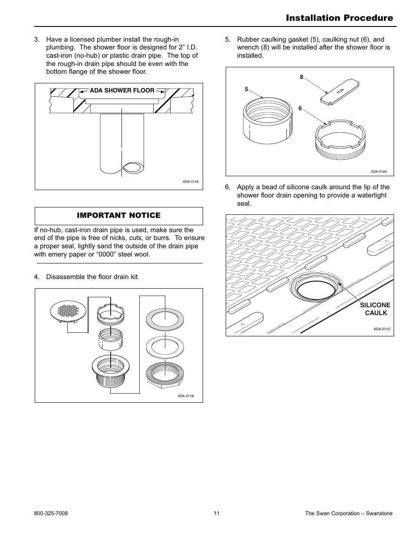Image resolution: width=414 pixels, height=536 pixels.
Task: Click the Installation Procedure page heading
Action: [x=339, y=18]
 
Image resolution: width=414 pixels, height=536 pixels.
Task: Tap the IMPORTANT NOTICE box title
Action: [x=118, y=215]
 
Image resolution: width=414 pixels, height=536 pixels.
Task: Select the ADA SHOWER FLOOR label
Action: [x=122, y=90]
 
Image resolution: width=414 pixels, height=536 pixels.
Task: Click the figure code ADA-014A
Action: [x=191, y=182]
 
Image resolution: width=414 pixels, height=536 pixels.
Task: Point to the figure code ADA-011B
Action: [x=185, y=396]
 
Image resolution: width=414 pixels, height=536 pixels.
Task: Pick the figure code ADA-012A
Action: [x=378, y=171]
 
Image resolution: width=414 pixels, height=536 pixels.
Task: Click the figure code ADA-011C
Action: [x=382, y=329]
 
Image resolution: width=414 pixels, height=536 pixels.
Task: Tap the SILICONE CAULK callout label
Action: [x=375, y=309]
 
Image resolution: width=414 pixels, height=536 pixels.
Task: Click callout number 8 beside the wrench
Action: [x=302, y=77]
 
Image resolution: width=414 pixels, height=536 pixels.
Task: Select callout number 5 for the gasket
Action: [x=246, y=89]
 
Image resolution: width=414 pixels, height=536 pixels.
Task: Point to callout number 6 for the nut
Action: [x=300, y=109]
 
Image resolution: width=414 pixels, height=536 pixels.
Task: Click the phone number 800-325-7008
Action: [x=51, y=513]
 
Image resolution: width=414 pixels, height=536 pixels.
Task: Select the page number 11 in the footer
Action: [x=217, y=513]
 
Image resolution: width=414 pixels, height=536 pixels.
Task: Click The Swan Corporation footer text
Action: [x=348, y=513]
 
